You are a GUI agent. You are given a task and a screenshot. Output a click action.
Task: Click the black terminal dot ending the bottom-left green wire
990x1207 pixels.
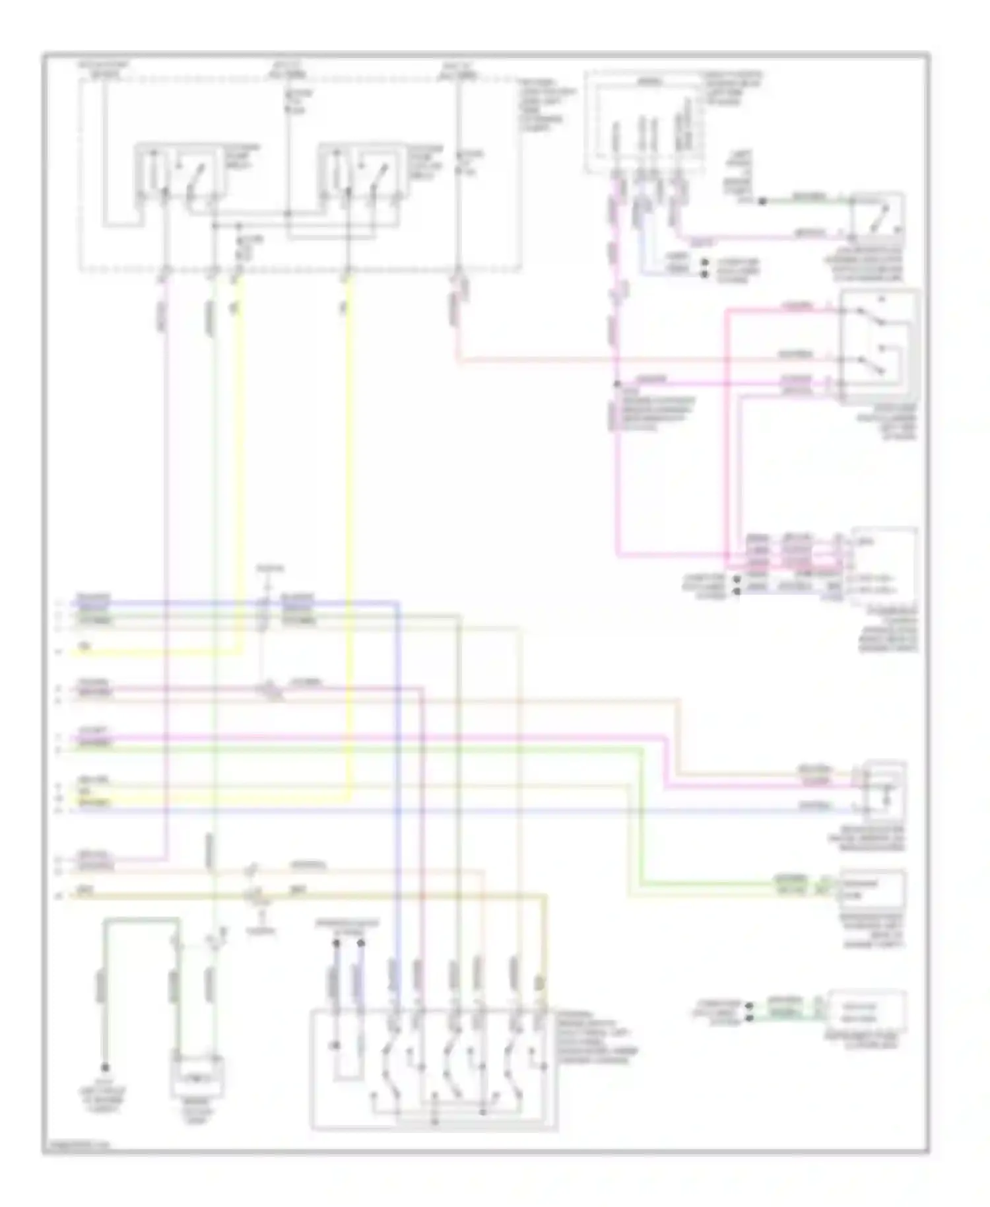(x=105, y=1067)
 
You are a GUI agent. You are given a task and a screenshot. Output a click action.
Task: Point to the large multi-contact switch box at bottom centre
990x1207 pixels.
(x=434, y=1069)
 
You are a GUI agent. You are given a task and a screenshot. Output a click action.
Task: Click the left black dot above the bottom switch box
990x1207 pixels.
(x=336, y=945)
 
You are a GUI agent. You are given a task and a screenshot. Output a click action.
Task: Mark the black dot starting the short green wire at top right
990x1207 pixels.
(x=762, y=201)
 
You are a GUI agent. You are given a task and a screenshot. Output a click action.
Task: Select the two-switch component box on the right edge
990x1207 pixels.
(x=878, y=346)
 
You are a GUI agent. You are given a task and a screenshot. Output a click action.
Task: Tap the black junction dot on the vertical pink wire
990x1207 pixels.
(x=616, y=384)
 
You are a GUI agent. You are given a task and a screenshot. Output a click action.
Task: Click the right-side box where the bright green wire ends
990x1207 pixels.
(x=872, y=890)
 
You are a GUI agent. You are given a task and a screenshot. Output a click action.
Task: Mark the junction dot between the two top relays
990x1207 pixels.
(x=288, y=213)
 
